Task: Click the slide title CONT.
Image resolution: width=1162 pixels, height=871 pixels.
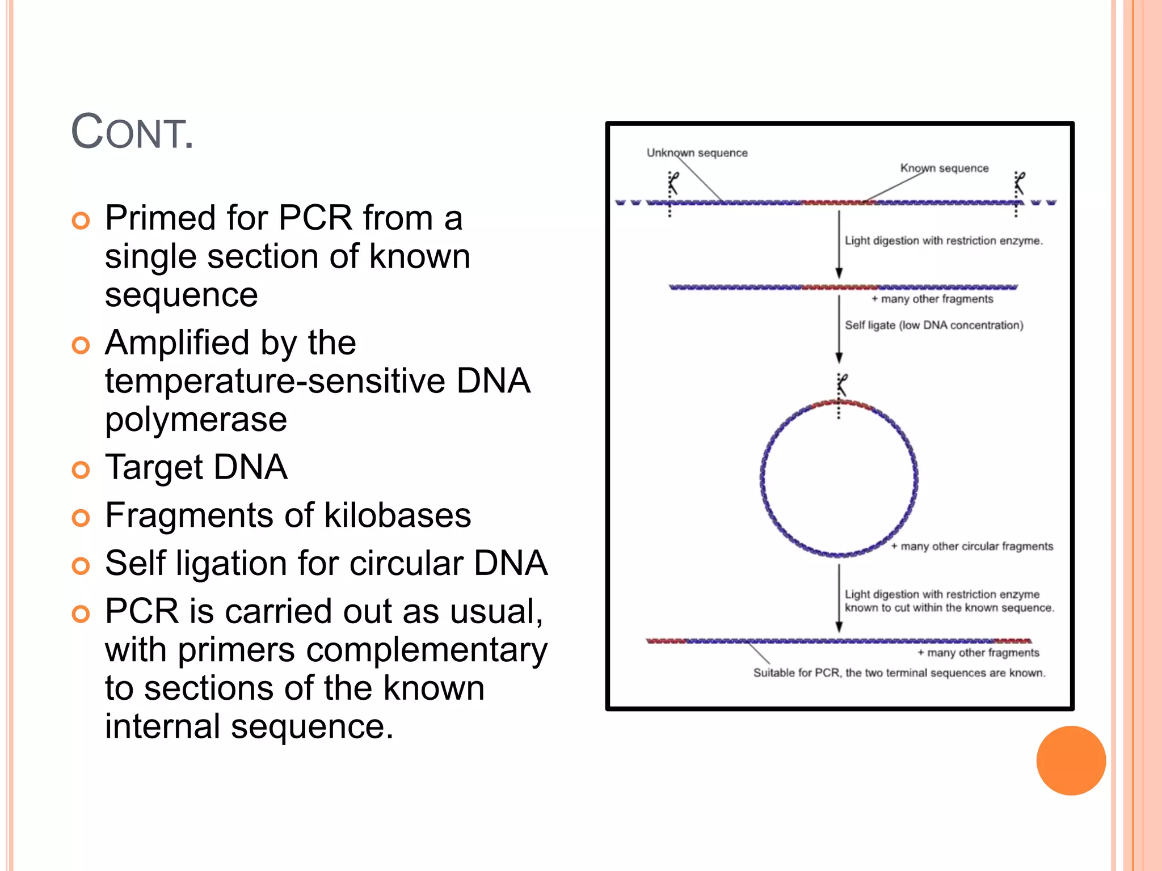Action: point(132,133)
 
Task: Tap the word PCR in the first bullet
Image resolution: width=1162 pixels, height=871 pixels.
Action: point(315,218)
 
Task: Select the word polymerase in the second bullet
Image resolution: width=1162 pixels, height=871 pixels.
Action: point(196,420)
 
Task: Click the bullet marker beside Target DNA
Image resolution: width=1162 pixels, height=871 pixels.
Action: point(81,470)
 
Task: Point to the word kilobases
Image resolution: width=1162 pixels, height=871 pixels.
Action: point(397,515)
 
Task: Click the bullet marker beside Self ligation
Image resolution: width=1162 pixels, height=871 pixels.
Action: point(81,565)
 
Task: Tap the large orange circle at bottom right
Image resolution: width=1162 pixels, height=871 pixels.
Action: point(1070,760)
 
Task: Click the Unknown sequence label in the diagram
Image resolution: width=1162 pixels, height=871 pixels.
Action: point(697,153)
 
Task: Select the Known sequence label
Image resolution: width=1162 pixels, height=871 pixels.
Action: point(944,168)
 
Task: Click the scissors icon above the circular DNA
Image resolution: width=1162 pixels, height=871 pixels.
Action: point(842,385)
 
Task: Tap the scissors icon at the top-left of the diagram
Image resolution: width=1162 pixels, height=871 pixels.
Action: point(673,183)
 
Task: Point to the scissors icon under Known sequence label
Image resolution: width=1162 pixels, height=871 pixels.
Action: point(1020,183)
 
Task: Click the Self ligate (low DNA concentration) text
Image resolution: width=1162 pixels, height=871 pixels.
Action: point(934,325)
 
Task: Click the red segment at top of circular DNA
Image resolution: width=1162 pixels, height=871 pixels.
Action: point(840,403)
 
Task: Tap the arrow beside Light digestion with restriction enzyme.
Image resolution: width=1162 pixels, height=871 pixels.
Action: point(839,244)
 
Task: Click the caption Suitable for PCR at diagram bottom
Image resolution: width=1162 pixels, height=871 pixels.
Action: point(899,673)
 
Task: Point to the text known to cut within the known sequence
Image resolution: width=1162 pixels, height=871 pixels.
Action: point(949,608)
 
